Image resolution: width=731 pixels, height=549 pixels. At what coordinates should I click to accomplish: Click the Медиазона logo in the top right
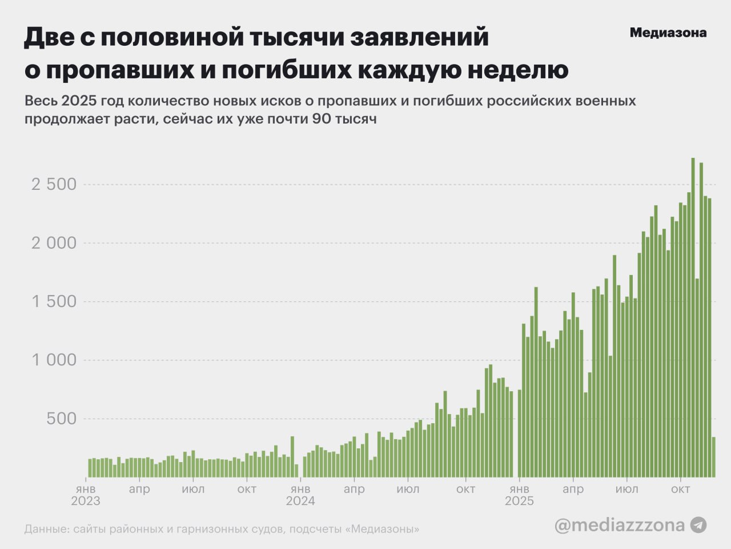(x=668, y=33)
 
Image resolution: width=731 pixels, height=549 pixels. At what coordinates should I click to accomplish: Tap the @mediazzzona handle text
(x=619, y=525)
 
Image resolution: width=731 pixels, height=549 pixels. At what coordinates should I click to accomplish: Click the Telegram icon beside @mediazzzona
(x=698, y=525)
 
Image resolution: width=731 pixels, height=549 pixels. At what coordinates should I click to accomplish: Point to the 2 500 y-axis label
(x=54, y=184)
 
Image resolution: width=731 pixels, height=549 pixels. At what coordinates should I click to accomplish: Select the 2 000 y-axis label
(x=54, y=243)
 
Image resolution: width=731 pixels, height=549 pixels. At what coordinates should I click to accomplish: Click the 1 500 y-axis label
(x=54, y=301)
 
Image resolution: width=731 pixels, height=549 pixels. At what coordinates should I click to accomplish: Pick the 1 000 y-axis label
(x=54, y=360)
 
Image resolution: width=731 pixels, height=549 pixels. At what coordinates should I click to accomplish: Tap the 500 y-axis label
(x=61, y=419)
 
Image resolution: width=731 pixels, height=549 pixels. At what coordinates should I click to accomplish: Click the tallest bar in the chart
(x=693, y=317)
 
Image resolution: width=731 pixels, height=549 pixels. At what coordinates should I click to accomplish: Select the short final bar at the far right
(x=713, y=457)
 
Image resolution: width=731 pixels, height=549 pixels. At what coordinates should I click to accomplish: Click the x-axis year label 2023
(x=86, y=502)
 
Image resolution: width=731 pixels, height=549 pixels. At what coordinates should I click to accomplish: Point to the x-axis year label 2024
(x=300, y=502)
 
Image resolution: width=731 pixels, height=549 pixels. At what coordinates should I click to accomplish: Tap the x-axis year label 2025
(x=519, y=502)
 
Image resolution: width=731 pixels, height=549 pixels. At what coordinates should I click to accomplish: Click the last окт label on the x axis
(x=680, y=490)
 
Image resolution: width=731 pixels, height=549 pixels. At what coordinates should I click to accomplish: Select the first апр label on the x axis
(x=139, y=490)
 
